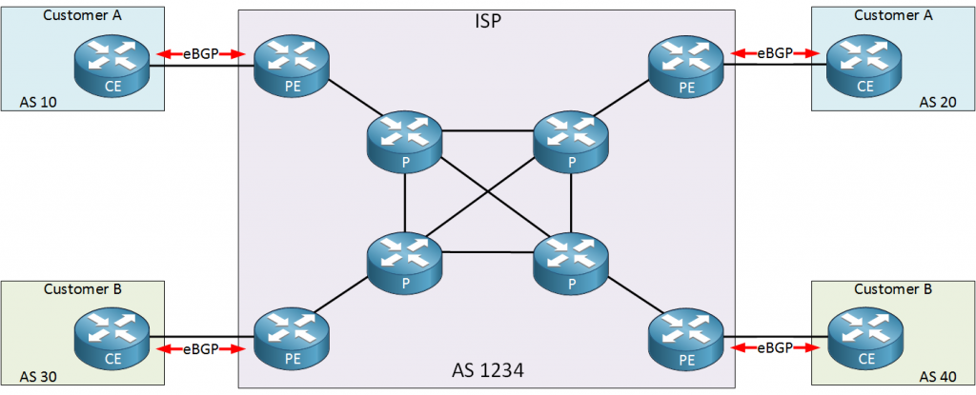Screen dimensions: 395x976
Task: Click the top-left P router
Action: [405, 143]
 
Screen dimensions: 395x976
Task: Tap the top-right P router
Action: [570, 143]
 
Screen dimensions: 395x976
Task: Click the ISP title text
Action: [488, 20]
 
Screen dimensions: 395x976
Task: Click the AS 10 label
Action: [39, 101]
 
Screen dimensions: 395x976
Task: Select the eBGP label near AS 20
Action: [775, 53]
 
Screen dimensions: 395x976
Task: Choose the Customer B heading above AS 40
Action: [891, 288]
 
